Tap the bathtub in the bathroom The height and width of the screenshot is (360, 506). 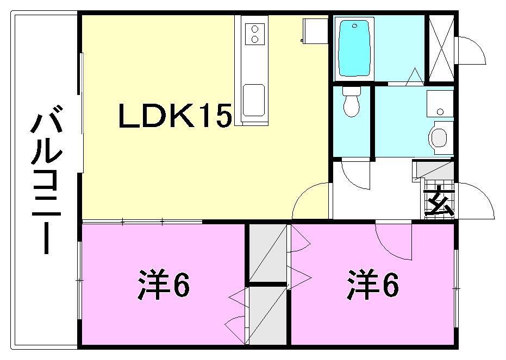tap(356, 48)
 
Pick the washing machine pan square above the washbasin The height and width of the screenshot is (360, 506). tap(440, 104)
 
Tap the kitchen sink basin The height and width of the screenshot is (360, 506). tap(254, 100)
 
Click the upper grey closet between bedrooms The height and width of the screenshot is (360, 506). tap(267, 252)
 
